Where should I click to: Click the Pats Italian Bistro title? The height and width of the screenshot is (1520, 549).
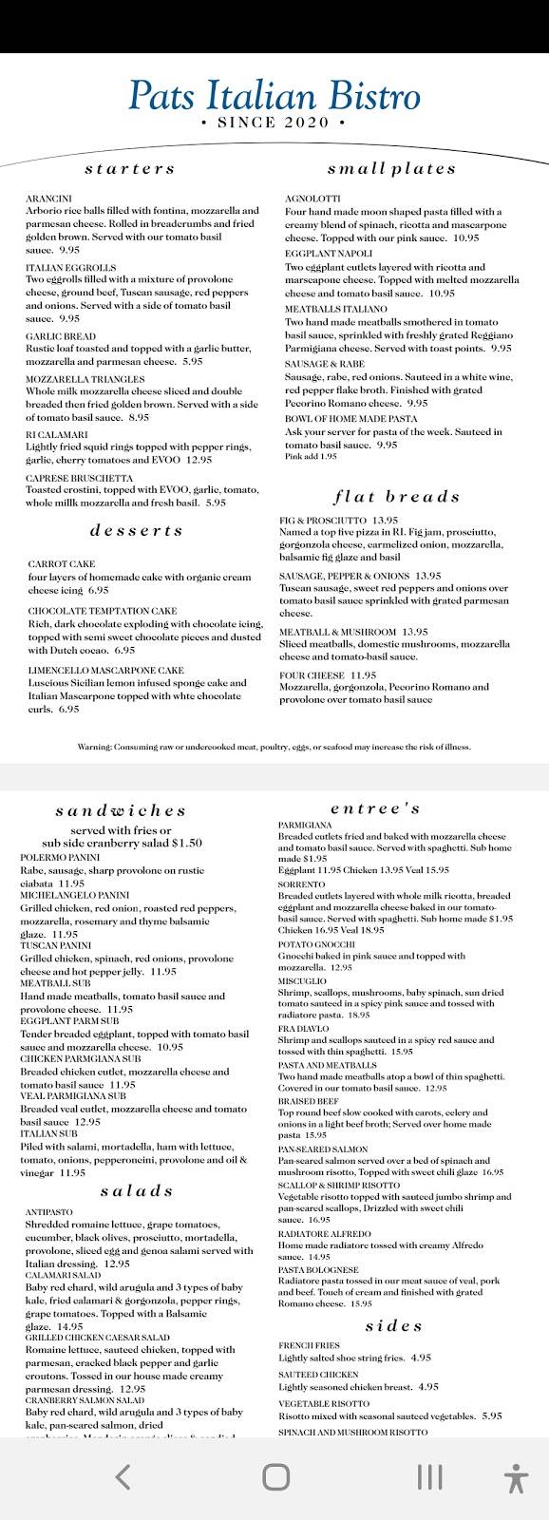(x=274, y=96)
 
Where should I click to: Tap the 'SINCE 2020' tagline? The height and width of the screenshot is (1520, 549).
(x=274, y=123)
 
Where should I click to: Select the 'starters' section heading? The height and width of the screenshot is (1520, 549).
(x=130, y=169)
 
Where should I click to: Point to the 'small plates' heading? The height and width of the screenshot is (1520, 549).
(x=391, y=169)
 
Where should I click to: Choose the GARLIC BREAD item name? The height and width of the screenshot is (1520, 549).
(x=60, y=336)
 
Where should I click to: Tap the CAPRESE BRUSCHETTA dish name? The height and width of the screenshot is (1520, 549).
(x=79, y=478)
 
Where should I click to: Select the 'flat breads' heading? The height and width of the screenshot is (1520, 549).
(x=396, y=497)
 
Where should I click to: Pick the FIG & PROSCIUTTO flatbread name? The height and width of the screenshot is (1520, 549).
(x=324, y=521)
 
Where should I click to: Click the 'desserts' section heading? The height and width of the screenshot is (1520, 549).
(x=136, y=530)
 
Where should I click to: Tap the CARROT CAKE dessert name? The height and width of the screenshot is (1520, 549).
(x=61, y=564)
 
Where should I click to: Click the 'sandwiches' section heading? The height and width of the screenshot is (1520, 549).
(x=121, y=810)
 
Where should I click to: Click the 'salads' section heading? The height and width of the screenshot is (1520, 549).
(x=136, y=1190)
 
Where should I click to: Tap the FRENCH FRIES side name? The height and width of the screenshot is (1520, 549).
(x=310, y=1345)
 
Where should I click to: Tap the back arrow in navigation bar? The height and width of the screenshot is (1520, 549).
(x=123, y=1476)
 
